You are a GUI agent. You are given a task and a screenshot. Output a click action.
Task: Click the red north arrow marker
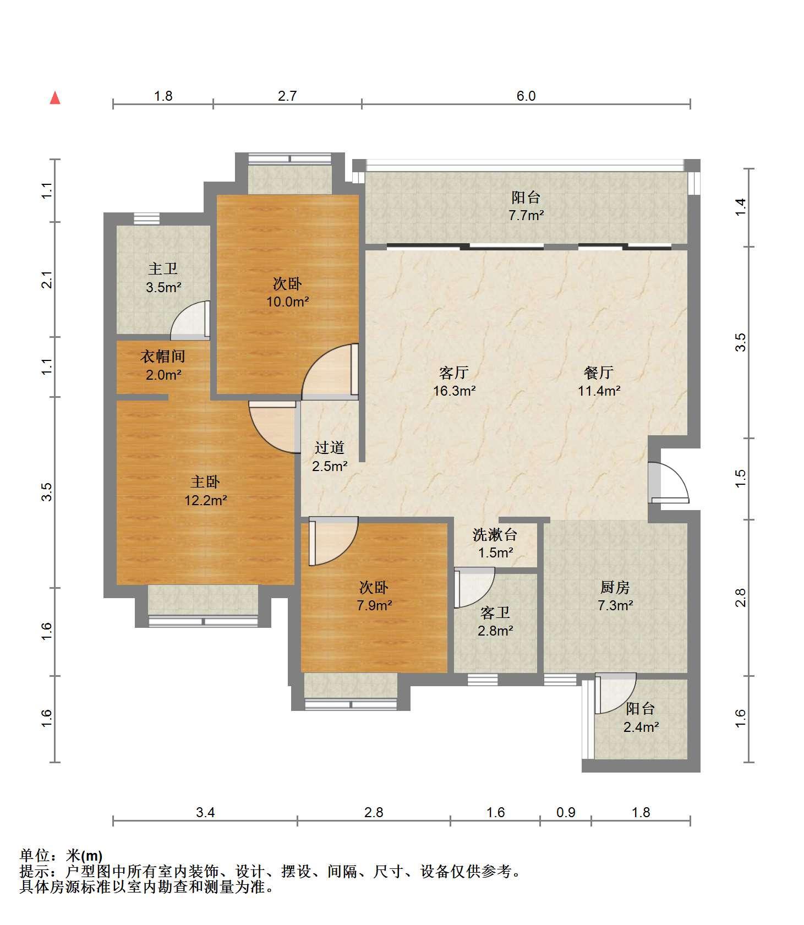click(55, 98)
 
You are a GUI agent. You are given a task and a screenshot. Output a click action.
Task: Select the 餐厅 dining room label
click(599, 381)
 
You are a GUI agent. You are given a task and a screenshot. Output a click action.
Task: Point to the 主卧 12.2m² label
click(205, 491)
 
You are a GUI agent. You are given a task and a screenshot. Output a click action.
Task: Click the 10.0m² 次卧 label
click(287, 293)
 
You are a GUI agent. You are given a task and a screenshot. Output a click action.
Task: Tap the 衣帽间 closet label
click(163, 365)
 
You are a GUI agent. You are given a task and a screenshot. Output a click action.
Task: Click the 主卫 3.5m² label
click(163, 277)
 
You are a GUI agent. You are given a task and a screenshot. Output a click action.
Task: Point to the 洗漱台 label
click(495, 534)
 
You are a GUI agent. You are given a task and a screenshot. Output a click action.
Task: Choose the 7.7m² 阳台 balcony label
click(526, 206)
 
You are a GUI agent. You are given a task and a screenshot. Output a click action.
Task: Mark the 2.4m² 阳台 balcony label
click(641, 718)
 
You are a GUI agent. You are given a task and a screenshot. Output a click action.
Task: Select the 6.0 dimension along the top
click(526, 96)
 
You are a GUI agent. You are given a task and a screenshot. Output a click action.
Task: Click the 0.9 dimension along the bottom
click(566, 812)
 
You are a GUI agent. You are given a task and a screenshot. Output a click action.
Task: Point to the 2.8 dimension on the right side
click(741, 598)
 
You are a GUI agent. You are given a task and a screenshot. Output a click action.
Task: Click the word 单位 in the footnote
click(35, 856)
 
